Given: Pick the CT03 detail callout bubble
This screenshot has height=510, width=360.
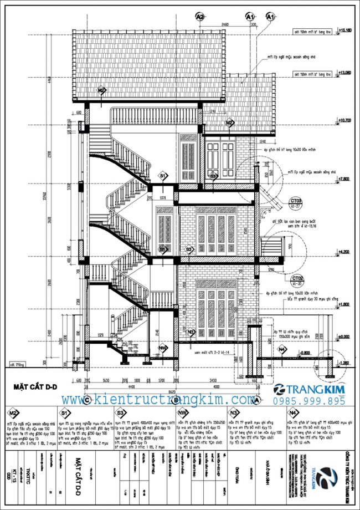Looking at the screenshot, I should click(x=297, y=202).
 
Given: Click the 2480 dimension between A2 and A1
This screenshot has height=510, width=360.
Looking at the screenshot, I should click(x=224, y=24).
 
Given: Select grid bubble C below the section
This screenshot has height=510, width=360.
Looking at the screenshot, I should click(x=86, y=400).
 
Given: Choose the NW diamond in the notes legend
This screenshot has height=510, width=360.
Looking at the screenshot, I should click(x=182, y=413).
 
